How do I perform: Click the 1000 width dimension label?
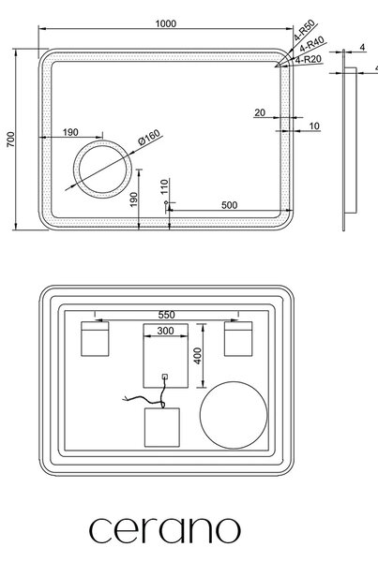tap(165, 23)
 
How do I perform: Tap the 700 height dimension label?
tap(11, 139)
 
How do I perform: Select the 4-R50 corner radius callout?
tap(305, 30)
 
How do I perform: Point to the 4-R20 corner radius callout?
tap(309, 59)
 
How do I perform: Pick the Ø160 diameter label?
tap(149, 138)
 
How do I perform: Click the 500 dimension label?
tap(230, 205)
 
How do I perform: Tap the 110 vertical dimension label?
tap(164, 186)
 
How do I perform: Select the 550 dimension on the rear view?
tap(167, 315)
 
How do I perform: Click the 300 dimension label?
tap(165, 331)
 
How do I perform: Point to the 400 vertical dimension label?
tap(198, 356)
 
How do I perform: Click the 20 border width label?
tap(260, 112)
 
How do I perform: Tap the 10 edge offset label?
tap(314, 126)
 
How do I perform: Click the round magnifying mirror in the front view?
tap(102, 142)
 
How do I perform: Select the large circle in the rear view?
tap(234, 382)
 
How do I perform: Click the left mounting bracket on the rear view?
tap(95, 339)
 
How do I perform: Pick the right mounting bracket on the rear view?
tap(238, 339)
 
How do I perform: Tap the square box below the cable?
tap(162, 427)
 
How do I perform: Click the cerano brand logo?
tap(165, 530)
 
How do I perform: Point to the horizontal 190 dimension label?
tap(70, 132)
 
